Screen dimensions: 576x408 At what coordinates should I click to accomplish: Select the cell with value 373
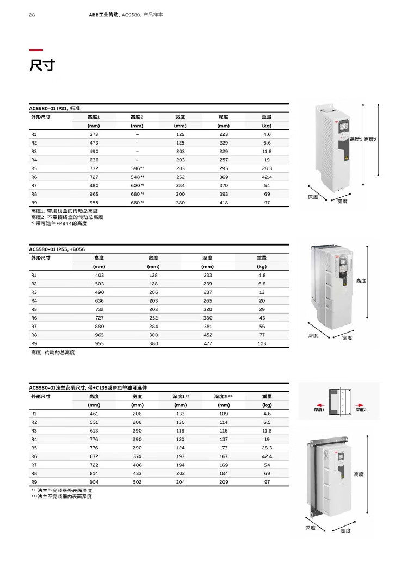[94, 134]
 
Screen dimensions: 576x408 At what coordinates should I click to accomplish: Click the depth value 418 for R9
[224, 203]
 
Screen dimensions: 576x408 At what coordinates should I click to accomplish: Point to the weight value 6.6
[267, 142]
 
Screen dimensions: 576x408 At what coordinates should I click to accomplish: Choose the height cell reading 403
[99, 275]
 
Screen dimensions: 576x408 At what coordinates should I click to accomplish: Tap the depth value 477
[207, 343]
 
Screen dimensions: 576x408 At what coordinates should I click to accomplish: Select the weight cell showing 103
[262, 343]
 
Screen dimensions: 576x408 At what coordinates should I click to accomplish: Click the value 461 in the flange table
[94, 414]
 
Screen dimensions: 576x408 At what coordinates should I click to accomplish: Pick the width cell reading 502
[137, 482]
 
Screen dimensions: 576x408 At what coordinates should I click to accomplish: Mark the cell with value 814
[94, 473]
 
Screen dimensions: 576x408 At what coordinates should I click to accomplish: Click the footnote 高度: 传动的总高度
[53, 353]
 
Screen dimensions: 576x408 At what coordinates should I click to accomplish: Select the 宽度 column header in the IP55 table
[153, 258]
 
